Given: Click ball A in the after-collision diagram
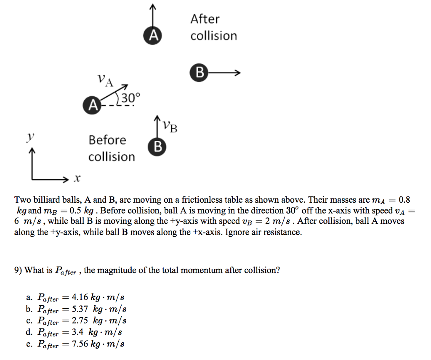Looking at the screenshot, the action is coord(152,36).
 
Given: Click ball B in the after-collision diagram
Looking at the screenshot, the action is coord(199,73).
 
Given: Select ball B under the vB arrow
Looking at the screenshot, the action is coord(157,147).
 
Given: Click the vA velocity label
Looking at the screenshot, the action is coord(106,80).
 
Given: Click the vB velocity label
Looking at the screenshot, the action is coord(170,126).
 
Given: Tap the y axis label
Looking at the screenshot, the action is coord(30,137).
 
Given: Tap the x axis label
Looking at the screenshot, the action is coord(77,179).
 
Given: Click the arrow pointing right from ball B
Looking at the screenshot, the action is coord(224,73).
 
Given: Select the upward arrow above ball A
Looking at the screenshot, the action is coord(153,16).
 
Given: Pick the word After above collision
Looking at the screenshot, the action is coord(205,19).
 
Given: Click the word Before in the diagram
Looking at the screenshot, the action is coord(107,140).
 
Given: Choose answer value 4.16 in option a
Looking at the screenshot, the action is coord(80,297).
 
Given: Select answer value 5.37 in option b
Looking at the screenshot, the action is coord(80,309).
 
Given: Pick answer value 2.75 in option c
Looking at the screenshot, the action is coord(80,320).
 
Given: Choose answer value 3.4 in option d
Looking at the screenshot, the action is coord(77,332).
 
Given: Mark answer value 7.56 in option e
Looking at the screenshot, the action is coord(80,344).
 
